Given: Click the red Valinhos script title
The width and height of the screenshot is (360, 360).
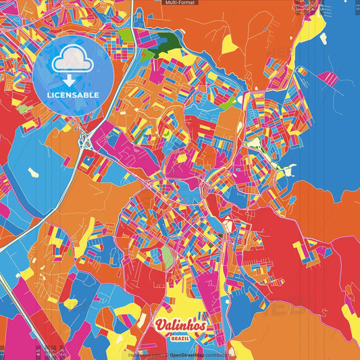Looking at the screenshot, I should (179, 326).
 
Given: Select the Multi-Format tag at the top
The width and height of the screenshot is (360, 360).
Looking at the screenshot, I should (180, 3).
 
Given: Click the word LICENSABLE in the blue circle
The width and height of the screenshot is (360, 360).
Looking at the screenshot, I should (73, 95).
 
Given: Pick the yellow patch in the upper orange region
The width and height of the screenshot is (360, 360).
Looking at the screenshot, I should (230, 43).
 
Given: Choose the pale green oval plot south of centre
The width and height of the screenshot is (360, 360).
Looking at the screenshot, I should (167, 255).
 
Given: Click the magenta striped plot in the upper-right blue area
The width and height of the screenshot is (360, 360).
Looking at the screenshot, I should (330, 78).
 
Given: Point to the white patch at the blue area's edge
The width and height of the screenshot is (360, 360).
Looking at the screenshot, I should (286, 170).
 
